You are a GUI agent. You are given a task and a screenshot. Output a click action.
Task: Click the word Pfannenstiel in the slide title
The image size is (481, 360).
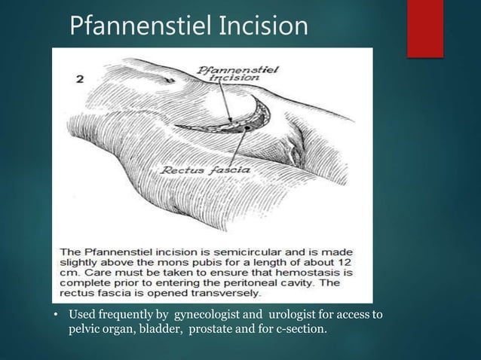click(139, 26)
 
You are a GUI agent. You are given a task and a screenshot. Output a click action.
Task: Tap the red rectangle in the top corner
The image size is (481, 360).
click(424, 28)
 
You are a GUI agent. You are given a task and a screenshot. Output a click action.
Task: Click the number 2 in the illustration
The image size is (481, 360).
click(79, 78)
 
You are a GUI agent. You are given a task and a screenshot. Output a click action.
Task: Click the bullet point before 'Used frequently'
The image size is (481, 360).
click(57, 314)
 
